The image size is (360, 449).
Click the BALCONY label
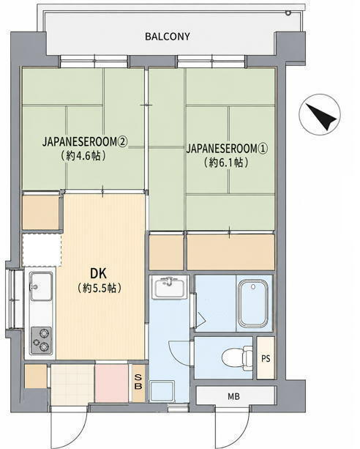tap(168, 37)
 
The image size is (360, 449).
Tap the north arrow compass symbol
tap(320, 114)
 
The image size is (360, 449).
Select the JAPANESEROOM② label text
tap(85, 142)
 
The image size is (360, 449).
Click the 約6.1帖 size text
tap(226, 163)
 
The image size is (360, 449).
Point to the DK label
tap(99, 273)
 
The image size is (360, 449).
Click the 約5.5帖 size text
tap(100, 288)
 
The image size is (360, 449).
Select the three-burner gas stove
tap(41, 341)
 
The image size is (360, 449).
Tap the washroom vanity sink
tap(169, 287)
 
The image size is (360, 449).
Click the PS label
tap(266, 358)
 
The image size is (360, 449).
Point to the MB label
tap(234, 396)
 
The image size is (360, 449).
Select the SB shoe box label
tap(138, 382)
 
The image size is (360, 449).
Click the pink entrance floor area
tap(112, 383)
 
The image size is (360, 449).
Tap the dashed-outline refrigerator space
tap(42, 250)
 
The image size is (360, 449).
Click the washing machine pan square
tap(162, 391)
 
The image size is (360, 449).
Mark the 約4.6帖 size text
tap(83, 156)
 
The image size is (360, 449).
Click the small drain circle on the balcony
tap(288, 12)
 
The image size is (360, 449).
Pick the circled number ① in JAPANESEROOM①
tap(263, 149)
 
